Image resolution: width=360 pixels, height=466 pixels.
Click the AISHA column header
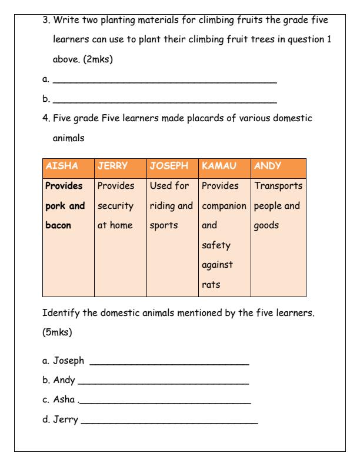[x=61, y=166]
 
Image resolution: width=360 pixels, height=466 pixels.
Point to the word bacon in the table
[x=60, y=225]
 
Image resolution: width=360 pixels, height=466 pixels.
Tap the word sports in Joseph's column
[x=165, y=225]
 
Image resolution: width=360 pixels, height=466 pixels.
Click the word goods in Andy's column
[x=268, y=225]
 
